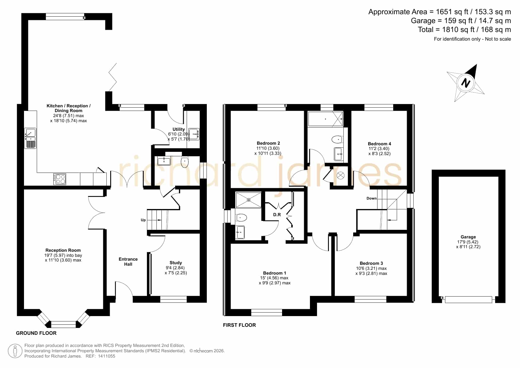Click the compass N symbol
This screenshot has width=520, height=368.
pos(466,83)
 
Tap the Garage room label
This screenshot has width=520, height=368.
pos(468,237)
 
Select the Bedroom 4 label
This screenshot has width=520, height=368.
pos(379,144)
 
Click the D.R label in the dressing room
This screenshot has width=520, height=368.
pos(277,214)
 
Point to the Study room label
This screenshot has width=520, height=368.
pos(176,263)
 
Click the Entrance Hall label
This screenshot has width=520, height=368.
pos(128,262)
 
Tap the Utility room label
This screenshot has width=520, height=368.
pos(179,129)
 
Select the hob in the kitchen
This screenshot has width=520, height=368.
pos(60,179)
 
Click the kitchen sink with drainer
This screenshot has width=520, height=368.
pos(30,138)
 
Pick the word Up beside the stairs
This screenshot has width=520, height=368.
pos(143,220)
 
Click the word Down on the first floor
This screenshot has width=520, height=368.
pos(372,198)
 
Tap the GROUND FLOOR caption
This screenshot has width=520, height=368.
pos(36,333)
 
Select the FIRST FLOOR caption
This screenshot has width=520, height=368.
pos(239,325)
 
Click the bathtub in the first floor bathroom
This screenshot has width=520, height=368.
pos(325,119)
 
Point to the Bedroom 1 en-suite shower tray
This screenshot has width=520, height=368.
pos(249,200)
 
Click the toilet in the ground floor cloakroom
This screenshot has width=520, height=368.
pos(185,161)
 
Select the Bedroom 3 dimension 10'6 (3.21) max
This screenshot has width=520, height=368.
pos(371,268)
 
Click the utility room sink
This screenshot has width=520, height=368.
pos(194,134)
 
